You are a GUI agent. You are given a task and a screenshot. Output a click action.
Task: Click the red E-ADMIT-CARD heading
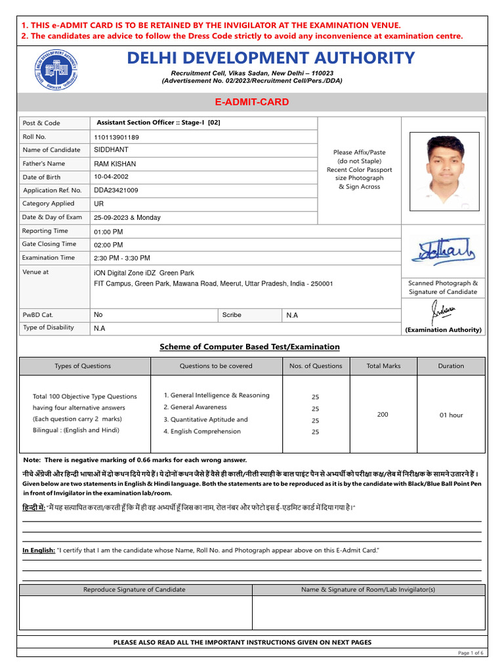pyautogui.click(x=252, y=102)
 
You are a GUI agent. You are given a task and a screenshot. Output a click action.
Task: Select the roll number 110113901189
pyautogui.click(x=117, y=137)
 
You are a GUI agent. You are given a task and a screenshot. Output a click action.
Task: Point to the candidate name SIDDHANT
pyautogui.click(x=111, y=150)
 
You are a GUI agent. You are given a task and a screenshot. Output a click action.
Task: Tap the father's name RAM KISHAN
pyautogui.click(x=115, y=163)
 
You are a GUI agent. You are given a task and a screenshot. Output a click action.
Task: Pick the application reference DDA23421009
pyautogui.click(x=116, y=190)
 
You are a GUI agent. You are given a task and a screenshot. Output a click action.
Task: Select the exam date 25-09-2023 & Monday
pyautogui.click(x=127, y=217)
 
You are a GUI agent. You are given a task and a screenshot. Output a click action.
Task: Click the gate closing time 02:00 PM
pyautogui.click(x=108, y=245)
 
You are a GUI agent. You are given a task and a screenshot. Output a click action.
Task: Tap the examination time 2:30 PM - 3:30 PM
pyautogui.click(x=122, y=258)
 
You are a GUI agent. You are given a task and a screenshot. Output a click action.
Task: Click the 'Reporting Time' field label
pyautogui.click(x=45, y=231)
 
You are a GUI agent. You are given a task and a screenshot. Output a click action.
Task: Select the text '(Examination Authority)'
pyautogui.click(x=443, y=329)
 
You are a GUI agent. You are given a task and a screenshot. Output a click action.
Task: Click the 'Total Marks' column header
pyautogui.click(x=383, y=366)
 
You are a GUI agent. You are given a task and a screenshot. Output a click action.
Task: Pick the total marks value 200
pyautogui.click(x=383, y=414)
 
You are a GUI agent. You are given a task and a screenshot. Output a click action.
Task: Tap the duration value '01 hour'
pyautogui.click(x=451, y=415)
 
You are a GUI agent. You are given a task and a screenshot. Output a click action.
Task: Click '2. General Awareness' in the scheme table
pyautogui.click(x=196, y=408)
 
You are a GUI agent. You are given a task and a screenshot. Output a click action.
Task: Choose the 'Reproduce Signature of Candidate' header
pyautogui.click(x=135, y=589)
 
